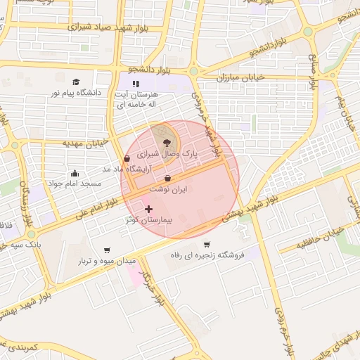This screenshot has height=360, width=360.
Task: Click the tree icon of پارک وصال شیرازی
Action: (166, 142)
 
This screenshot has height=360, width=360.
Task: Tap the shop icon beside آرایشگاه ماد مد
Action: (126, 159)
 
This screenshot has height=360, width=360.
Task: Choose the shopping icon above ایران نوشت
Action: (167, 179)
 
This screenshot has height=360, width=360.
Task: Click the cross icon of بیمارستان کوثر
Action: (148, 209)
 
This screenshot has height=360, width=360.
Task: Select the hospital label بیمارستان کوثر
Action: (148, 220)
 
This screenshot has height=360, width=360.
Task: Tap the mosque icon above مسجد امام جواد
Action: (75, 173)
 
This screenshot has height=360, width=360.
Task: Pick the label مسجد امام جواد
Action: (75, 184)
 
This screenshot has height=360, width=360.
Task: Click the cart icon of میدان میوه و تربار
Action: (107, 250)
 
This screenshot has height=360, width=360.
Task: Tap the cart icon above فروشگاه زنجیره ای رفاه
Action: (206, 245)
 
